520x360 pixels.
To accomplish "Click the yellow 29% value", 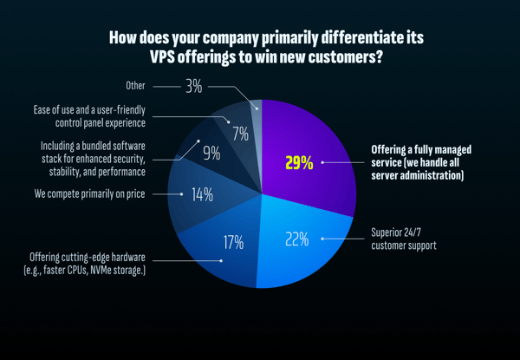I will click(299, 162).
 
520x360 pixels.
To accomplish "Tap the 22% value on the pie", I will click(297, 239).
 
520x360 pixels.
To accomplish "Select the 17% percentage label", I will click(232, 242).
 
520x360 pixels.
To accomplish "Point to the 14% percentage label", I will click(202, 194).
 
